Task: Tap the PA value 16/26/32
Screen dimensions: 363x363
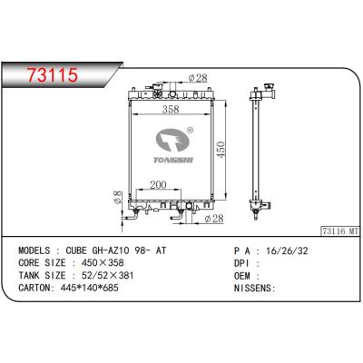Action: click(282, 250)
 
